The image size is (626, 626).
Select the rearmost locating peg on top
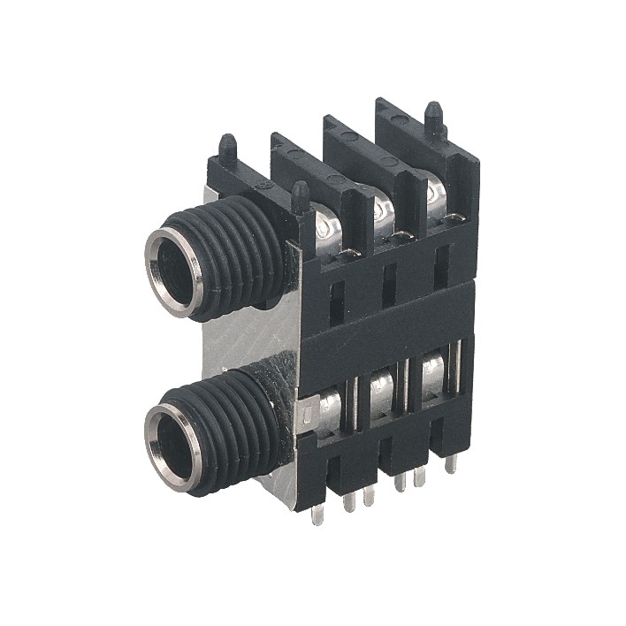click(433, 116)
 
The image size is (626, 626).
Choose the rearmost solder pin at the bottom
click(451, 463)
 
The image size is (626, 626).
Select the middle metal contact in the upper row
click(381, 213)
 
